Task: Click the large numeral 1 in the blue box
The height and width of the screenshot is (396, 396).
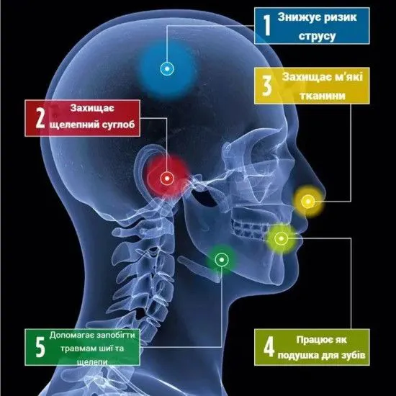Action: pyautogui.click(x=266, y=25)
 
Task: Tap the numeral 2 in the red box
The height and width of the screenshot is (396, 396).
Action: pyautogui.click(x=40, y=118)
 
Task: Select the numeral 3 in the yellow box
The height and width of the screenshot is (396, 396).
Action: pyautogui.click(x=267, y=86)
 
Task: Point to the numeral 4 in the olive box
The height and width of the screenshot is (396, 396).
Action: pyautogui.click(x=269, y=347)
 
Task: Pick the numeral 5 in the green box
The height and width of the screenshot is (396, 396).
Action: pyautogui.click(x=40, y=347)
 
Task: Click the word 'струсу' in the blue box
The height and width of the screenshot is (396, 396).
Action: pyautogui.click(x=317, y=36)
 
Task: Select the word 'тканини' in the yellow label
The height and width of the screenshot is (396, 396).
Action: pyautogui.click(x=323, y=96)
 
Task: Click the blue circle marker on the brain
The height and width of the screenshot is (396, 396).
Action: pyautogui.click(x=167, y=68)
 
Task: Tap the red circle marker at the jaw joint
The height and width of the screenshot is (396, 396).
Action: pyautogui.click(x=167, y=179)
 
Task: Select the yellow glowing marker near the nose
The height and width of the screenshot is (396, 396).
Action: pyautogui.click(x=308, y=202)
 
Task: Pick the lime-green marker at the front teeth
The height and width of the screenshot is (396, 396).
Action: pyautogui.click(x=281, y=238)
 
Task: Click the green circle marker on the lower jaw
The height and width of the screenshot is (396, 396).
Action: pyautogui.click(x=222, y=259)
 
